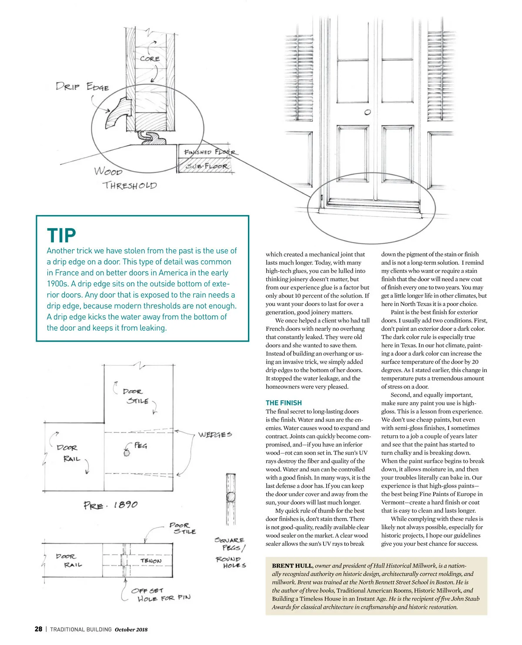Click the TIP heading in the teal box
(x=61, y=235)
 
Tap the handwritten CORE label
(x=150, y=58)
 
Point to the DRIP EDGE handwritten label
(x=82, y=86)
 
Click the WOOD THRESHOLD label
(x=125, y=178)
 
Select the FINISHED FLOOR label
(x=210, y=152)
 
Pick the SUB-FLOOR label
(x=207, y=166)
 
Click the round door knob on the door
(x=368, y=112)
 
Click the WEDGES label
(x=215, y=434)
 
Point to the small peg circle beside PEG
(x=127, y=453)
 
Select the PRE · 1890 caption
(x=110, y=505)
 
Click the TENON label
(x=151, y=561)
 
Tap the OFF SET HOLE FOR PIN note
(x=161, y=595)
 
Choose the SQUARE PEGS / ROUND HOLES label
(x=230, y=552)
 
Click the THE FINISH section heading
(x=284, y=403)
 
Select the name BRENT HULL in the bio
(x=292, y=566)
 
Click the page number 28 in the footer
(x=39, y=629)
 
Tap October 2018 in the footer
(x=131, y=629)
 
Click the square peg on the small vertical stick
(x=231, y=497)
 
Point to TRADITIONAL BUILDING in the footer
(x=81, y=629)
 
